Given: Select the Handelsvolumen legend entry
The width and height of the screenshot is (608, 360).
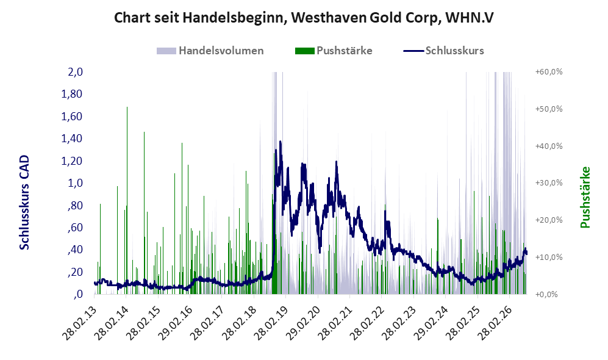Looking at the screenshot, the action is pyautogui.click(x=210, y=51).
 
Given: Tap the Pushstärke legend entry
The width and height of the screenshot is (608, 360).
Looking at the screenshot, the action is pyautogui.click(x=334, y=51).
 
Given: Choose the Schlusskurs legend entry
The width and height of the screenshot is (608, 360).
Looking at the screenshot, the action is pyautogui.click(x=443, y=51).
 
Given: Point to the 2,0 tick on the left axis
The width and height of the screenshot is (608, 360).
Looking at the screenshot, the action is pyautogui.click(x=75, y=72).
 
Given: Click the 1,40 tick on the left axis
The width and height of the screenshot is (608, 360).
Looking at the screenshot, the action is pyautogui.click(x=72, y=138).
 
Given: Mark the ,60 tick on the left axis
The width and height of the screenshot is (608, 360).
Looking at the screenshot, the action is pyautogui.click(x=75, y=227).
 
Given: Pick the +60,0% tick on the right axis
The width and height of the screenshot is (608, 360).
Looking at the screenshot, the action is pyautogui.click(x=549, y=72).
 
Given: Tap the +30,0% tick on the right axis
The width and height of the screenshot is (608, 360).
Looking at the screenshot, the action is pyautogui.click(x=549, y=182).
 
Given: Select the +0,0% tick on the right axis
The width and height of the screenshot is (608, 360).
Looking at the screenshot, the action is pyautogui.click(x=546, y=295).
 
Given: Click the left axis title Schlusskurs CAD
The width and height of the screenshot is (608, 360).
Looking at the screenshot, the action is pyautogui.click(x=24, y=203).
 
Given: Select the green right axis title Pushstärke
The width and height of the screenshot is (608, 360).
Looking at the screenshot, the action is pyautogui.click(x=585, y=197).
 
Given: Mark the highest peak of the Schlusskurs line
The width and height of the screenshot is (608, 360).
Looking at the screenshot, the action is pyautogui.click(x=280, y=142).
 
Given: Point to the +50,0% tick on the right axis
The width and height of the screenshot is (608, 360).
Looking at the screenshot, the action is pyautogui.click(x=549, y=109).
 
